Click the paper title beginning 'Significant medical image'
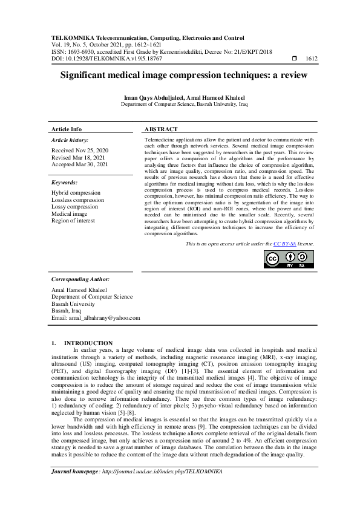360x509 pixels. (x=180, y=76)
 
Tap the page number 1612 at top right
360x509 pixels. (x=312, y=59)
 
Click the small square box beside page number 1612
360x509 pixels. (x=295, y=59)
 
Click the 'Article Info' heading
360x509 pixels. (x=67, y=129)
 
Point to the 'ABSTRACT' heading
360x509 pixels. (x=161, y=129)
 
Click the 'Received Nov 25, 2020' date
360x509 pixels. (x=80, y=149)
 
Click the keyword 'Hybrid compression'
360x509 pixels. (x=76, y=192)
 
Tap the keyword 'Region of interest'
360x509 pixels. (x=75, y=221)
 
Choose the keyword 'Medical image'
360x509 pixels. (x=69, y=214)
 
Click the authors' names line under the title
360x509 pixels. (x=180, y=98)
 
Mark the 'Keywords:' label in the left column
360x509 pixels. (x=64, y=182)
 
